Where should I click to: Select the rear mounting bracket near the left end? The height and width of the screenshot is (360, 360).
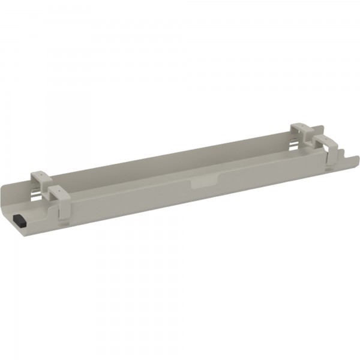(x=41, y=178)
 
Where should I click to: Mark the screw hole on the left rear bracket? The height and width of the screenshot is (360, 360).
(x=40, y=174)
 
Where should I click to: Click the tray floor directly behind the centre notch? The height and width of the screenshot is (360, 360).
(x=198, y=171)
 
